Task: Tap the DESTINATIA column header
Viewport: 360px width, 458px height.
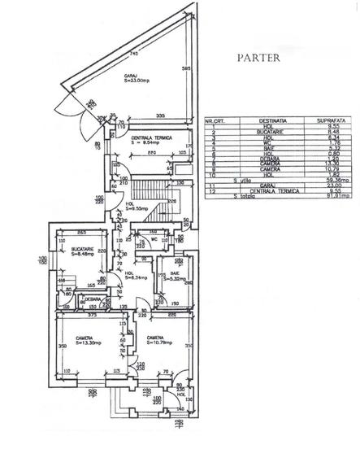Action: tap(259, 120)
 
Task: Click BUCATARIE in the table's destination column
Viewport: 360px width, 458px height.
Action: tap(259, 131)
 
